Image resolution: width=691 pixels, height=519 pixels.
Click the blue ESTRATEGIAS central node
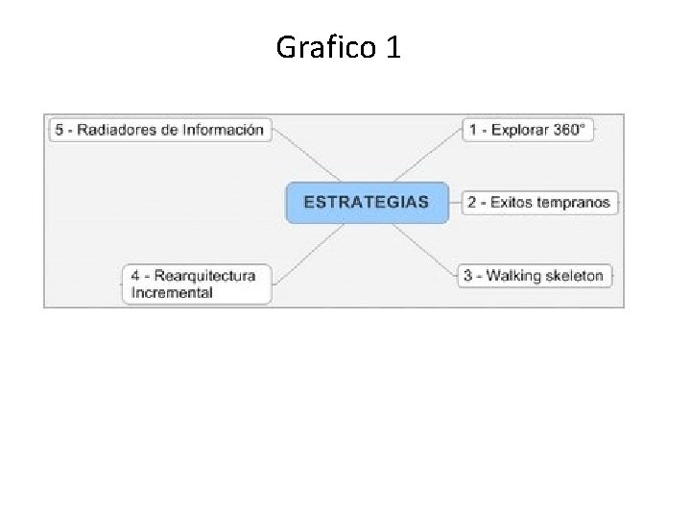[367, 202]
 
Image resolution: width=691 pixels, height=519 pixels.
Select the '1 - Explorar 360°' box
[527, 130]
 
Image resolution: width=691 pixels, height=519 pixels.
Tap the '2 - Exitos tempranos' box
[538, 202]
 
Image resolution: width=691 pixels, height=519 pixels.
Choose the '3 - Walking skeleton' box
[534, 276]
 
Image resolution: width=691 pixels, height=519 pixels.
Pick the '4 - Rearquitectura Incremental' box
[197, 284]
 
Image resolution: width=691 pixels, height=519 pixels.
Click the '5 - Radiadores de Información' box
[159, 130]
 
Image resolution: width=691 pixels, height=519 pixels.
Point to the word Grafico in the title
[326, 46]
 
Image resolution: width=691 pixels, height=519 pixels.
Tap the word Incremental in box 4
[173, 293]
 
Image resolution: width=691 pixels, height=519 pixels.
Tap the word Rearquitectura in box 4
[208, 276]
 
